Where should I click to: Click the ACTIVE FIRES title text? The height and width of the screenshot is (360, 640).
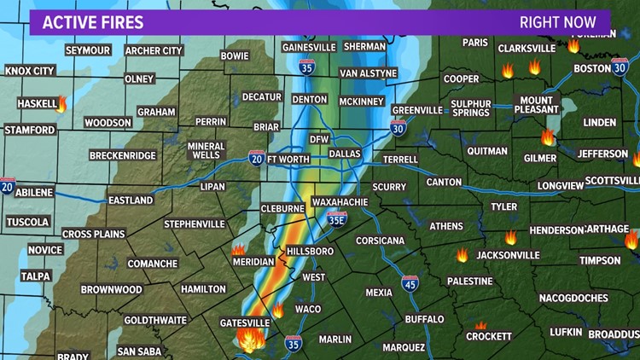coord(94,22)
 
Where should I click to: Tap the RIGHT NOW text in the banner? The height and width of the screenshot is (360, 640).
coord(558,22)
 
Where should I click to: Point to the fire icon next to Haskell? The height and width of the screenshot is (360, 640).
coord(61,104)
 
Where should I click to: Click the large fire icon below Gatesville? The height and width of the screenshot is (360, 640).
coord(251,340)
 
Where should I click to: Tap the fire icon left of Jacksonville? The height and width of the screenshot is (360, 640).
coord(463,255)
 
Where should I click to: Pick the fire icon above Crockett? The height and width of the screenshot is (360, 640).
coord(481,325)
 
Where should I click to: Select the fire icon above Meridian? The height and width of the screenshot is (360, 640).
coord(238,250)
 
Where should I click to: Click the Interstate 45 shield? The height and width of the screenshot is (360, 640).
coord(410,283)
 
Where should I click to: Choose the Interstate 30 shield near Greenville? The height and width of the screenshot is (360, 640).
coord(398,128)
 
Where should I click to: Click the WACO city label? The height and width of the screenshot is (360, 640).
coord(308,308)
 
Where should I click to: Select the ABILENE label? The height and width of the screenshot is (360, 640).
coord(34,193)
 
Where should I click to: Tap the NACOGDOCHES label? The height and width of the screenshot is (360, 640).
coord(573,298)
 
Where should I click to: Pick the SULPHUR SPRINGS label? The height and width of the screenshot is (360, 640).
coord(472,107)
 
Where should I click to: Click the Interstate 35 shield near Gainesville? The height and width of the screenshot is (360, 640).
coord(306,67)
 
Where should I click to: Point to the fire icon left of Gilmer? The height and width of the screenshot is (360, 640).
coord(547,137)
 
